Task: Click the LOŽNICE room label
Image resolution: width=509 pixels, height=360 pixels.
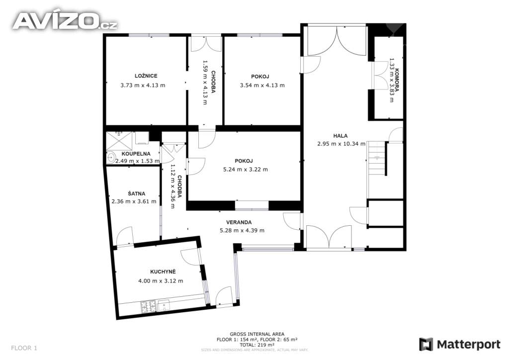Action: click(x=146, y=76)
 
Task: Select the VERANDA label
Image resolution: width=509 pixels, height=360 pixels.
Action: click(x=239, y=222)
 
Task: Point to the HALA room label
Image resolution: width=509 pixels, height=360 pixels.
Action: click(x=340, y=136)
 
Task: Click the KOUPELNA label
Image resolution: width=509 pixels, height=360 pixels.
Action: click(x=136, y=154)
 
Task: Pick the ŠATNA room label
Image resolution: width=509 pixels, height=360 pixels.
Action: click(x=136, y=194)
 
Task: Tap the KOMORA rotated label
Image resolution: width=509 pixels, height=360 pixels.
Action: click(x=397, y=80)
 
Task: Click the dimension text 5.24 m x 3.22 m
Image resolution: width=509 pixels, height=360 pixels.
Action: click(x=246, y=169)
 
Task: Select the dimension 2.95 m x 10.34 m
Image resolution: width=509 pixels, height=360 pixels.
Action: click(x=341, y=144)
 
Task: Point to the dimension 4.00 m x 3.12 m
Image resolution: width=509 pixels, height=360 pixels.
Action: click(x=161, y=281)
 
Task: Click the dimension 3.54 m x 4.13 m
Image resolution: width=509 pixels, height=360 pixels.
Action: click(x=262, y=86)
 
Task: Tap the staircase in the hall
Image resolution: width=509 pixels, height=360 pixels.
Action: click(x=377, y=170)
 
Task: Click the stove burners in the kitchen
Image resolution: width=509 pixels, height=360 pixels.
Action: click(x=148, y=307)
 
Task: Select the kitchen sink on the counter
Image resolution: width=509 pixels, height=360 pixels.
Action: click(x=164, y=305)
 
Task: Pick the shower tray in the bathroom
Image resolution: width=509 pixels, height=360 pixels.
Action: click(x=119, y=141)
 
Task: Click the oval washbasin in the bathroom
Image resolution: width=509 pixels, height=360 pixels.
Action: click(x=111, y=158)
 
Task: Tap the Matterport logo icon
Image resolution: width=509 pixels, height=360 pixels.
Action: click(x=426, y=344)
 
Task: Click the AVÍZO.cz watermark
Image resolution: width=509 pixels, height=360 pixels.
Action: click(x=65, y=21)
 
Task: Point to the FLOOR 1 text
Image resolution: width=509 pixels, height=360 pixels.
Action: click(x=24, y=348)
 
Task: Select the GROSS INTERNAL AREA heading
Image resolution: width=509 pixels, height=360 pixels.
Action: click(x=257, y=334)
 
